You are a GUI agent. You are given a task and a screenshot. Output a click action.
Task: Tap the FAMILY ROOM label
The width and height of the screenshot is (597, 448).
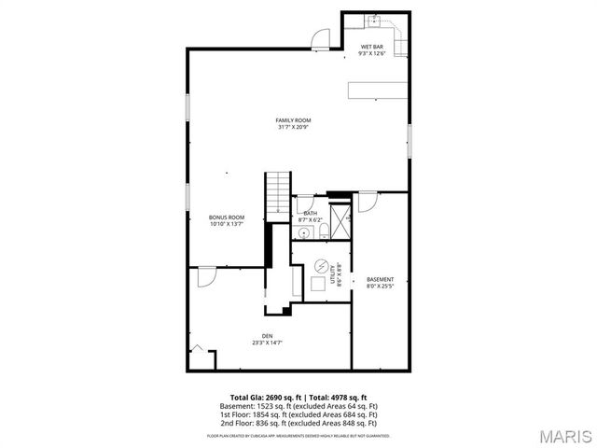point(293,123)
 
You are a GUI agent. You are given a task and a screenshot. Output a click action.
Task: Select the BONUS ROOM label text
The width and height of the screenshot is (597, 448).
point(226,220)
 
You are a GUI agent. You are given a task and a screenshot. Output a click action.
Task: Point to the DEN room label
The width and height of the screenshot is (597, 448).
point(267,339)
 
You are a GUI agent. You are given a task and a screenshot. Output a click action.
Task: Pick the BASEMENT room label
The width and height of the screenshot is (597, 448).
point(380,283)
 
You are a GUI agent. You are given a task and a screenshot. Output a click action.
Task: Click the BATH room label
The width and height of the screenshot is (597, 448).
point(310,216)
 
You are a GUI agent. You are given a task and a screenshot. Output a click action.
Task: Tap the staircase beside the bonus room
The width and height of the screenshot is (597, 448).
point(279,193)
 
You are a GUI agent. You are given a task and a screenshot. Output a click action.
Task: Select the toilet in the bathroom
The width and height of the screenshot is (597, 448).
point(320,231)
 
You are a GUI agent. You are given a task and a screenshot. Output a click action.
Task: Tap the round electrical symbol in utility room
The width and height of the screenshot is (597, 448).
point(321,264)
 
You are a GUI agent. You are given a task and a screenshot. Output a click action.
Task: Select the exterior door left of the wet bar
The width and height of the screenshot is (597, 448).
point(320,37)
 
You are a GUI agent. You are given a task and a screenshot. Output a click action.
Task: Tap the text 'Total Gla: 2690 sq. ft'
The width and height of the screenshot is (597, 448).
point(264,397)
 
